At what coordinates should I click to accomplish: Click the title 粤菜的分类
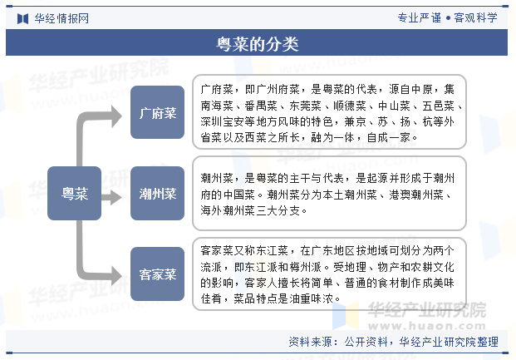(257, 44)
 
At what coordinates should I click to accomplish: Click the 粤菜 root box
(75, 194)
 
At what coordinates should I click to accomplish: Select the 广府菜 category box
(157, 112)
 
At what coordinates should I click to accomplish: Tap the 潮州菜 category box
(157, 194)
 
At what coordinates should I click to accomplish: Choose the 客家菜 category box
(157, 274)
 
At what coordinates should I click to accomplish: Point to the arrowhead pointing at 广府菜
(116, 116)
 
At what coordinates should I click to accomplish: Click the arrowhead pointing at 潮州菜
(115, 197)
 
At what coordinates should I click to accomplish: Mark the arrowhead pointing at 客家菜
(116, 275)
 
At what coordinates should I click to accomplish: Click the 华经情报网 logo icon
(22, 18)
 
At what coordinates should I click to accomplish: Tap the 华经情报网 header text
(61, 18)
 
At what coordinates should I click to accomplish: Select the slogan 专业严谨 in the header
(420, 17)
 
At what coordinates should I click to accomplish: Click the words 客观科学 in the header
(475, 17)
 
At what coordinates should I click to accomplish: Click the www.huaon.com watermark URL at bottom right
(427, 326)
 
